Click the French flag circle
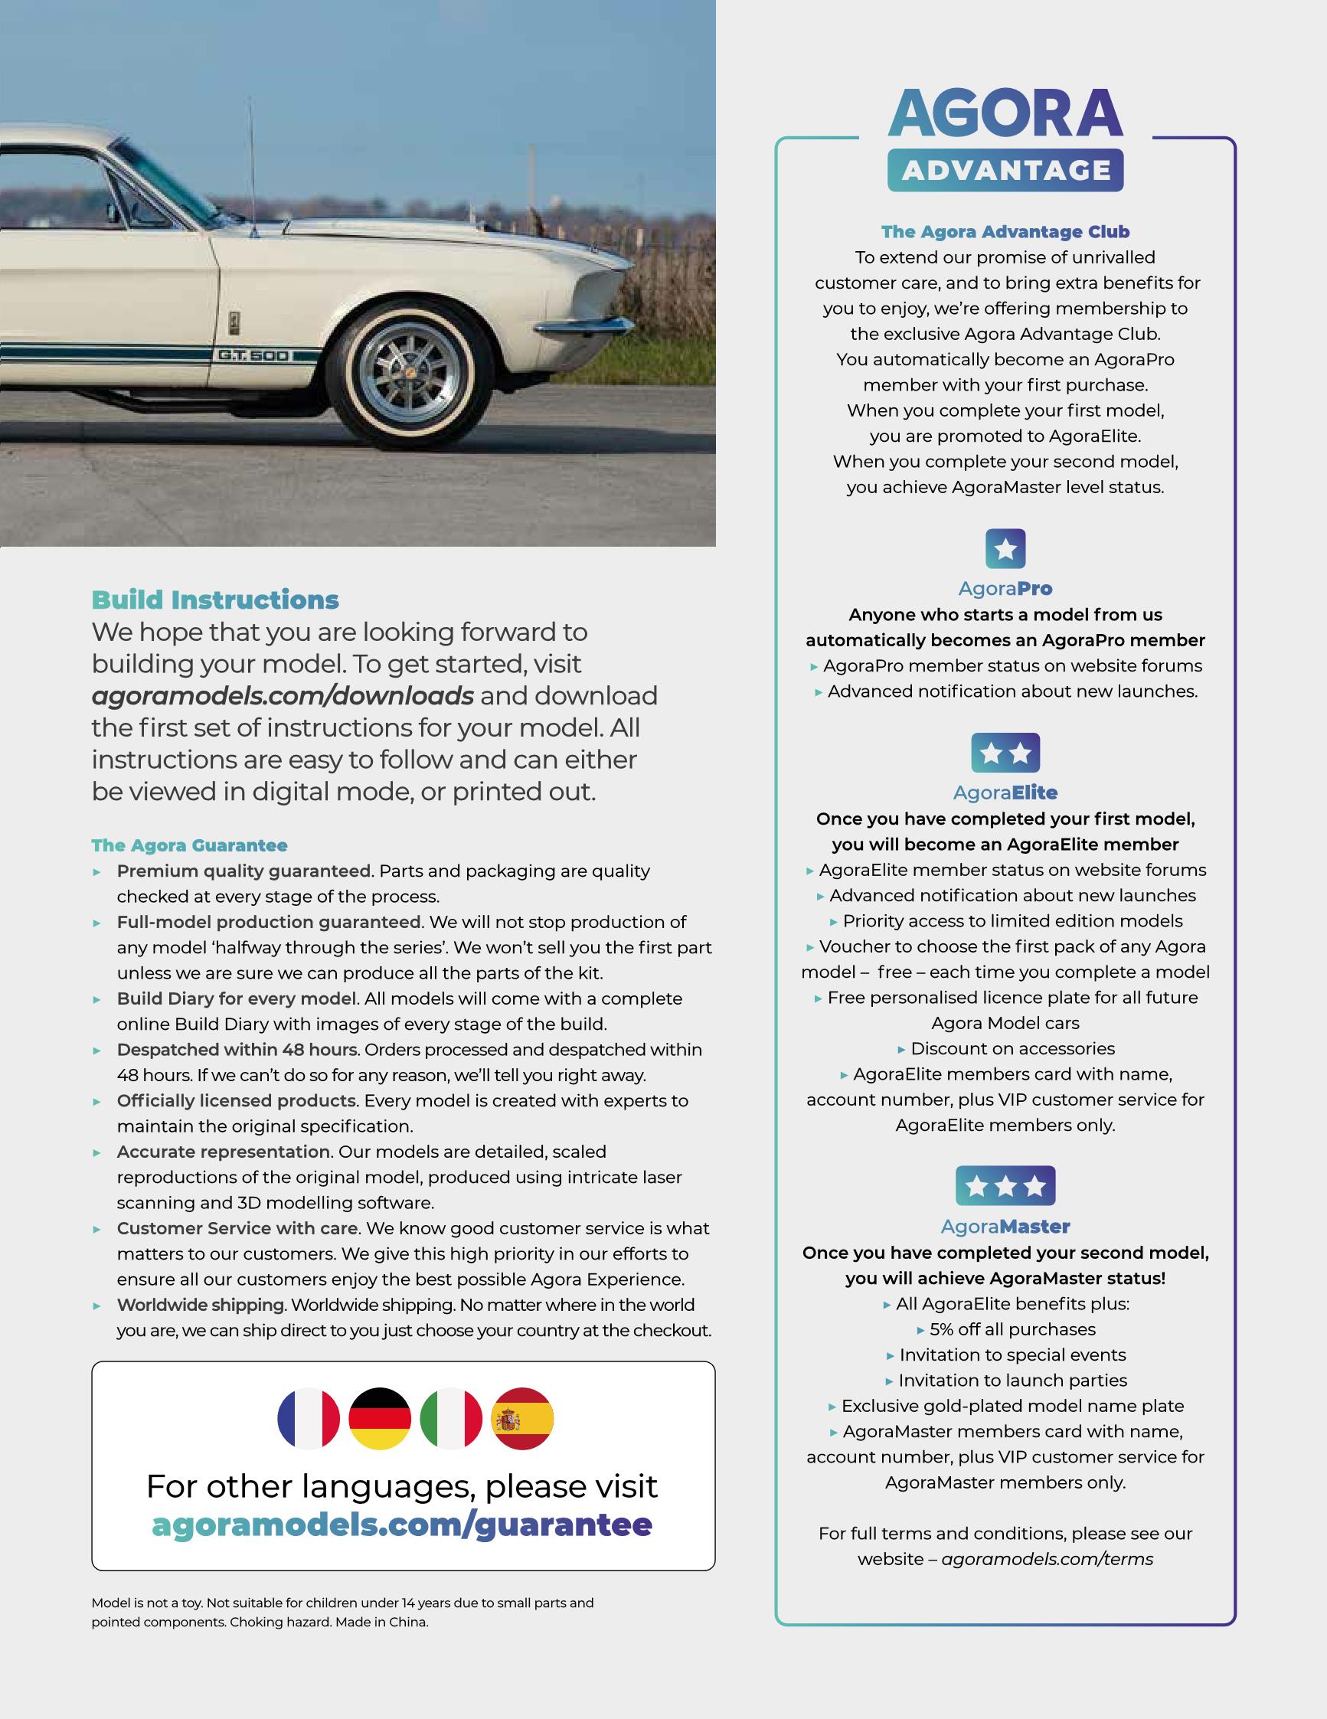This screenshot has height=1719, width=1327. (309, 1418)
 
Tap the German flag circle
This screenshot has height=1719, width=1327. (379, 1418)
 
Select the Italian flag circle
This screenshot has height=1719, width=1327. (451, 1418)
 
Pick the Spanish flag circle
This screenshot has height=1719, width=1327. (521, 1418)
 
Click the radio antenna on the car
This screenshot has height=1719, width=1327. (252, 165)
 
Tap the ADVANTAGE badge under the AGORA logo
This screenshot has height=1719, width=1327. (1005, 170)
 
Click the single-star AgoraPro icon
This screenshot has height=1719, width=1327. (1005, 548)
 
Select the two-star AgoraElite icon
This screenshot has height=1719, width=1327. (1005, 753)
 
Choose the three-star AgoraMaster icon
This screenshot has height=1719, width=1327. (1005, 1185)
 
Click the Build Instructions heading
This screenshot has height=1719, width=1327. (215, 600)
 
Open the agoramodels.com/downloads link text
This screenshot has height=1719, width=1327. (283, 696)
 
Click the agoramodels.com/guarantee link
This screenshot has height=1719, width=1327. (401, 1525)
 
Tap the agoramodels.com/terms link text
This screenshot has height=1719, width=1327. (1047, 1559)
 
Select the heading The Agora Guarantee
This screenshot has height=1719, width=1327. (189, 845)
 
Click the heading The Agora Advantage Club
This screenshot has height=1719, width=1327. (1005, 231)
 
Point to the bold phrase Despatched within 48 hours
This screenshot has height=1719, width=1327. (237, 1049)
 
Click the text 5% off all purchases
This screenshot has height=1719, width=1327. (1012, 1329)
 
